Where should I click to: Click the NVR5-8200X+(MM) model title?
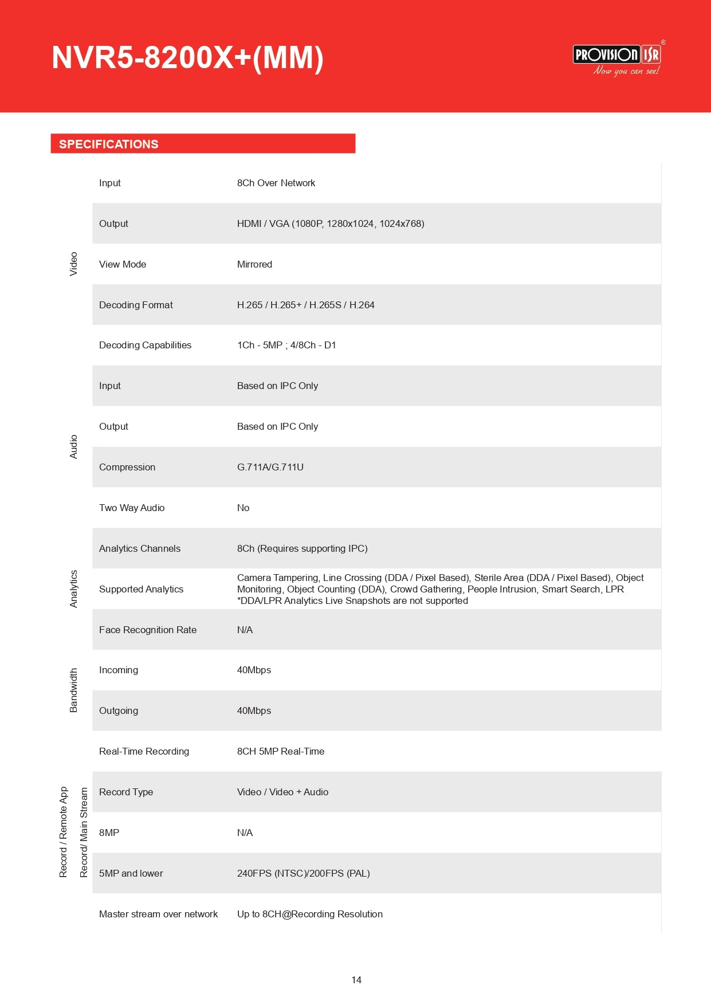(x=187, y=58)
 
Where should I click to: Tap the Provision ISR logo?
(x=617, y=60)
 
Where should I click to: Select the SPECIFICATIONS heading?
(x=109, y=144)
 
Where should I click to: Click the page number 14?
(x=356, y=980)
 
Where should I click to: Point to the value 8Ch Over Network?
(x=276, y=183)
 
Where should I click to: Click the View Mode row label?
(x=123, y=264)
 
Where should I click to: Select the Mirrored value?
(x=254, y=264)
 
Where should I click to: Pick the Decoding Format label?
(x=136, y=305)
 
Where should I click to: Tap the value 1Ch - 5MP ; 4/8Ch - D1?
(x=286, y=345)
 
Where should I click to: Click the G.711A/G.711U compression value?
(x=270, y=467)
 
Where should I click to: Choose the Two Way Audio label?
(x=132, y=508)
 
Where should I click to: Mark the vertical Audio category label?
(x=73, y=447)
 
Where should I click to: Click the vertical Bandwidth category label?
(x=73, y=690)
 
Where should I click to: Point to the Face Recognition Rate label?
(x=148, y=630)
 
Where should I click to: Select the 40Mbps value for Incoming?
(x=254, y=670)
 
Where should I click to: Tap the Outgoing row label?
(x=119, y=710)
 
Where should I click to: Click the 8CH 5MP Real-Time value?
(x=281, y=751)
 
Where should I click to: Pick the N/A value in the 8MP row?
(x=245, y=833)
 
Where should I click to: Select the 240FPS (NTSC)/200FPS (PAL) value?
(x=304, y=873)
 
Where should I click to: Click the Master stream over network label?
(x=158, y=914)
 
